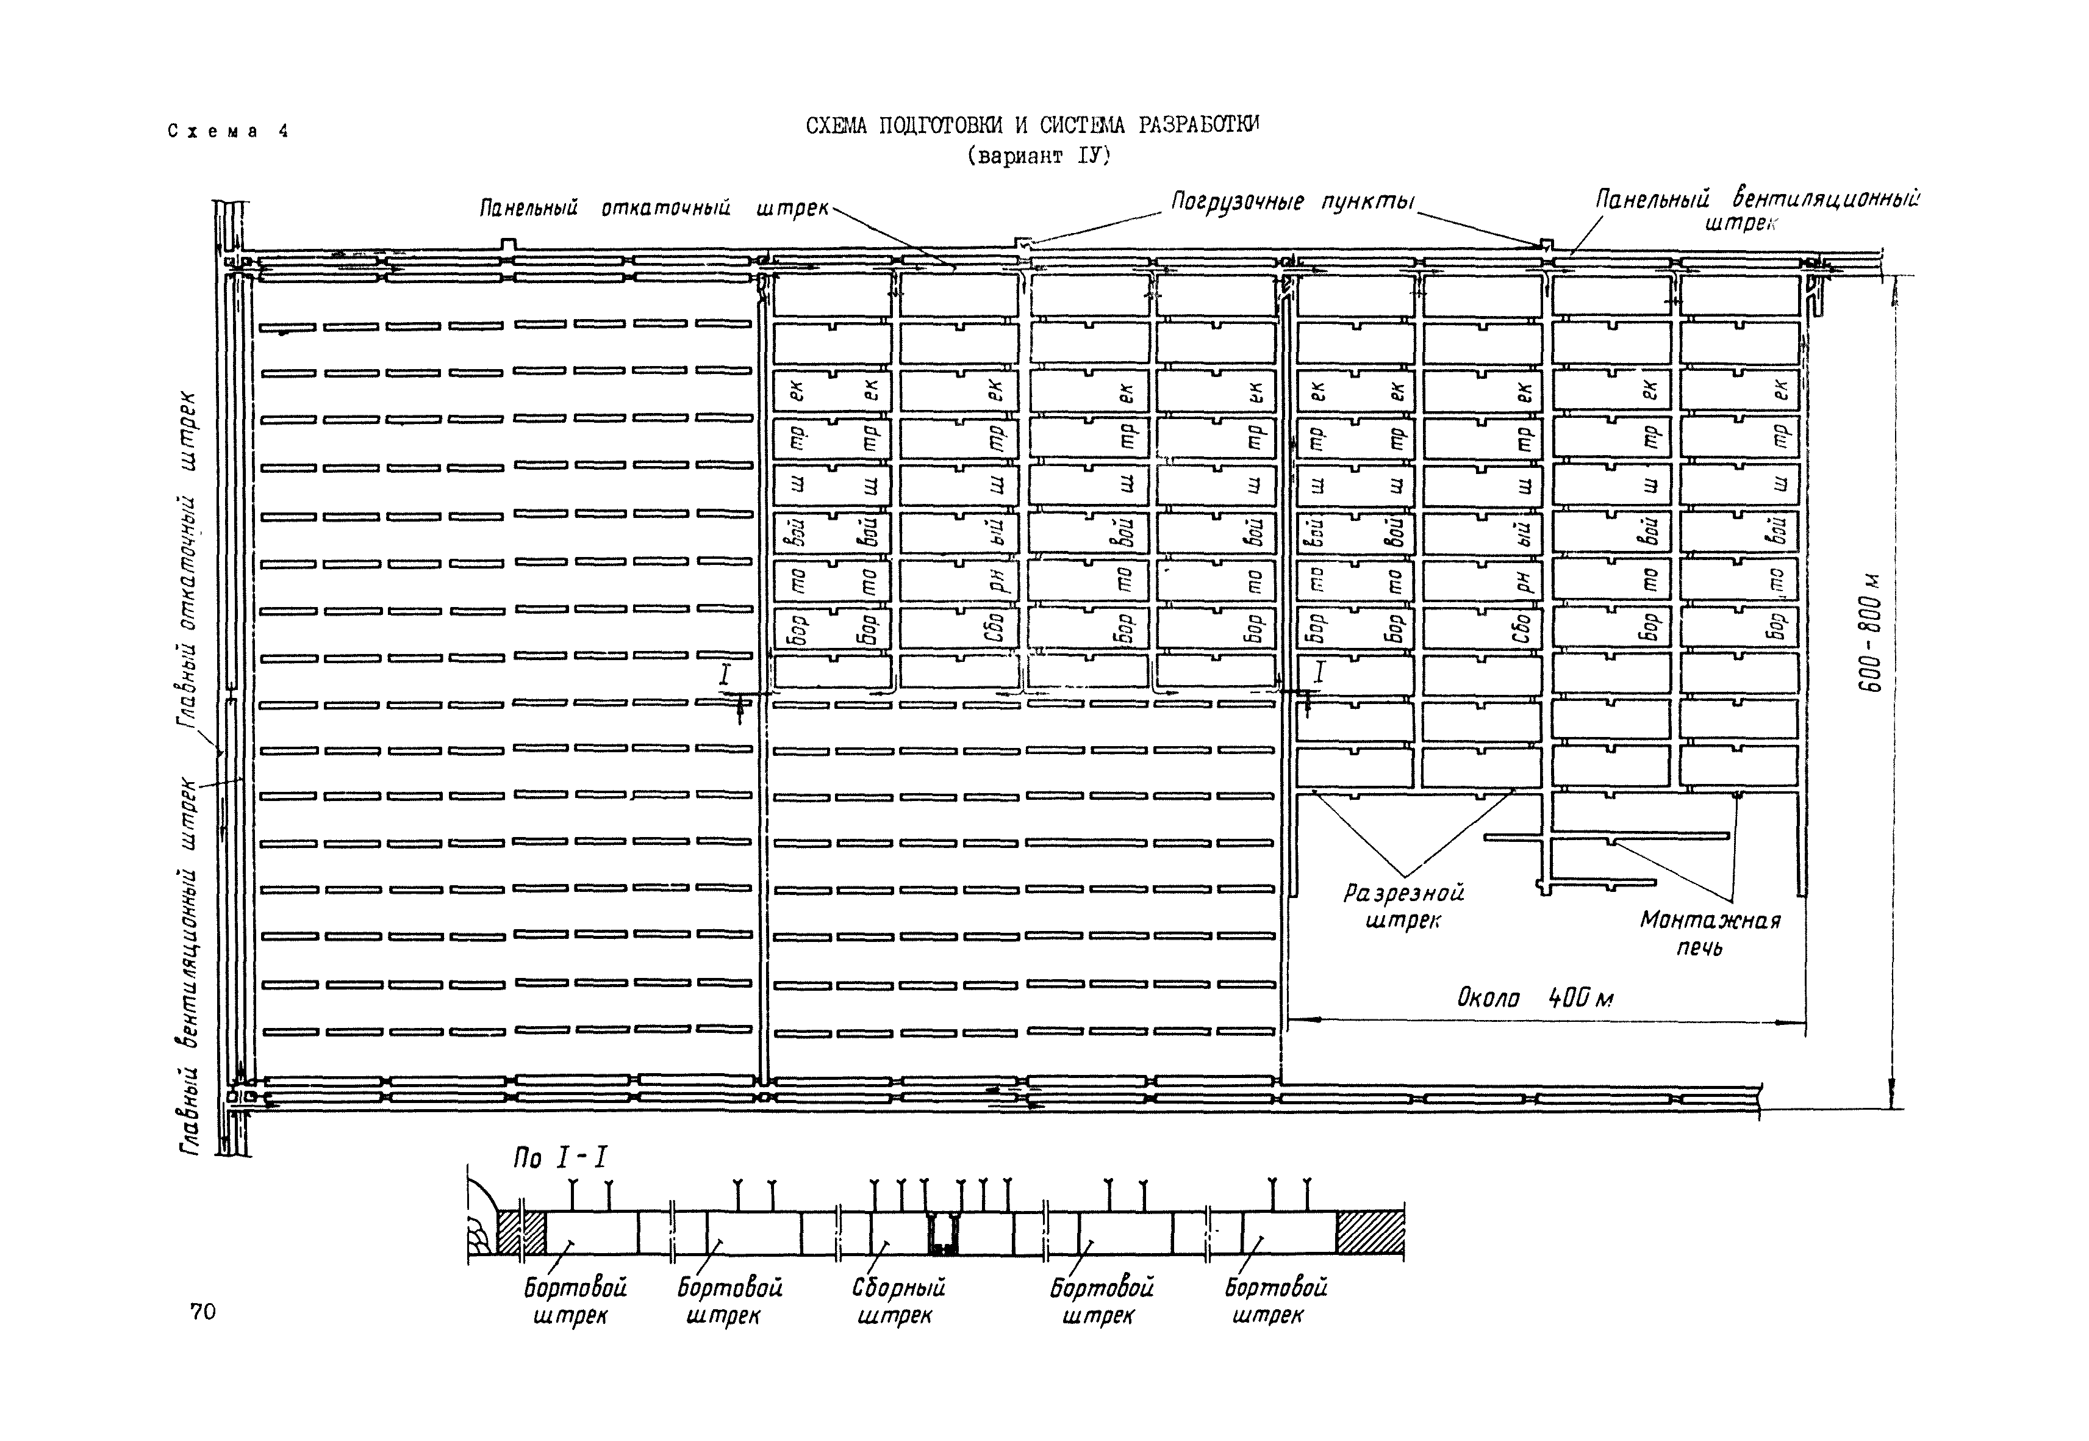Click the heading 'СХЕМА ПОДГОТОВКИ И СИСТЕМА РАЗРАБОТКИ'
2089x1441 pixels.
pyautogui.click(x=1032, y=126)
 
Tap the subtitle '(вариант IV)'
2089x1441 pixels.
pyautogui.click(x=1037, y=156)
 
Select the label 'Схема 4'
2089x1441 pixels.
pyautogui.click(x=228, y=132)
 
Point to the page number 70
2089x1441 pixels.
pyautogui.click(x=203, y=1311)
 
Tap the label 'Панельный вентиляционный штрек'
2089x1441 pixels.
pyautogui.click(x=1756, y=209)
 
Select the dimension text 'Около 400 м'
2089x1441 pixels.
pyautogui.click(x=1535, y=997)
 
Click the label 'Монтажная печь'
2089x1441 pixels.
pyautogui.click(x=1709, y=933)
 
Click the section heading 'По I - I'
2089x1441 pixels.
pyautogui.click(x=561, y=1157)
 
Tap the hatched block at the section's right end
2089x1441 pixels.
pyautogui.click(x=1369, y=1232)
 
